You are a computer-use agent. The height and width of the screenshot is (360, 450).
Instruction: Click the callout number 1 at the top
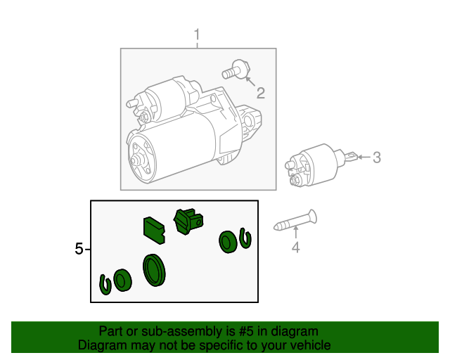(x=197, y=34)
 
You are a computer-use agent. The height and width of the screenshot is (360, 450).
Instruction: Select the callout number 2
(x=260, y=94)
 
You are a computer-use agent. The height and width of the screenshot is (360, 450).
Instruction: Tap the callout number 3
(x=376, y=157)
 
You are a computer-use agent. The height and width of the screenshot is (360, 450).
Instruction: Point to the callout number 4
(x=295, y=247)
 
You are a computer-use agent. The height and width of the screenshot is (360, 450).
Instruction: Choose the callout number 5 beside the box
(x=79, y=248)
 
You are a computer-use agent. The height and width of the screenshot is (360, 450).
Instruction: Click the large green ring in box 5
(x=153, y=270)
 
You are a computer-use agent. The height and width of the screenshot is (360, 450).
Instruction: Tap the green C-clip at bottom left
(x=105, y=285)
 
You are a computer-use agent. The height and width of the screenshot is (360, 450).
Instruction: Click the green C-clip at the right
(x=245, y=238)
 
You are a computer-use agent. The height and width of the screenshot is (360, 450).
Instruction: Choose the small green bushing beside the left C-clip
(x=122, y=280)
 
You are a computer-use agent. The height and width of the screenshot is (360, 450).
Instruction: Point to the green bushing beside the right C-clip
(x=228, y=242)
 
